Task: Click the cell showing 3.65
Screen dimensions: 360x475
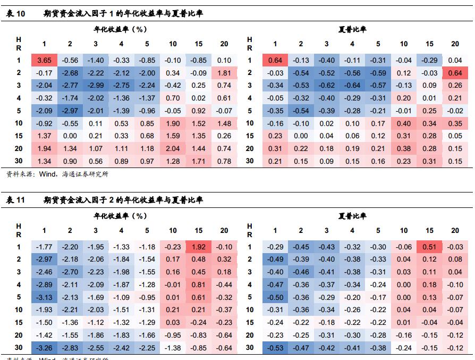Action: [x=44, y=61]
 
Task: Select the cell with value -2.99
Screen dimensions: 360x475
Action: [x=96, y=86]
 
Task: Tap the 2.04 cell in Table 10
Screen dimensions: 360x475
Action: [x=173, y=148]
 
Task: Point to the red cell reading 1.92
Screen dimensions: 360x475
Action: [x=199, y=247]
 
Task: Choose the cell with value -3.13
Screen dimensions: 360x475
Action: [x=44, y=297]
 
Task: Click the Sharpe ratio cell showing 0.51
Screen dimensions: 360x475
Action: [x=430, y=247]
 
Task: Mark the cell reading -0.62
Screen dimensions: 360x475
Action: [x=327, y=86]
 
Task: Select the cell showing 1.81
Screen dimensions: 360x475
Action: [x=224, y=73]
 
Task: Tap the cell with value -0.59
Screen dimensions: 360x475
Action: [x=378, y=73]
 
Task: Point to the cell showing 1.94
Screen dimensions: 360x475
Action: [x=44, y=148]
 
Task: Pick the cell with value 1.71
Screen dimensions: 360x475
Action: [x=199, y=161]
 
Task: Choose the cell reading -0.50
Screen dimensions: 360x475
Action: [x=275, y=297]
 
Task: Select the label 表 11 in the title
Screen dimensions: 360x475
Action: [x=16, y=200]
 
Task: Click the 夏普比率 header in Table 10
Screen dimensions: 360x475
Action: [x=352, y=30]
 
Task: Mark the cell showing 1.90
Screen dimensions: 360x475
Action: [x=173, y=123]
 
